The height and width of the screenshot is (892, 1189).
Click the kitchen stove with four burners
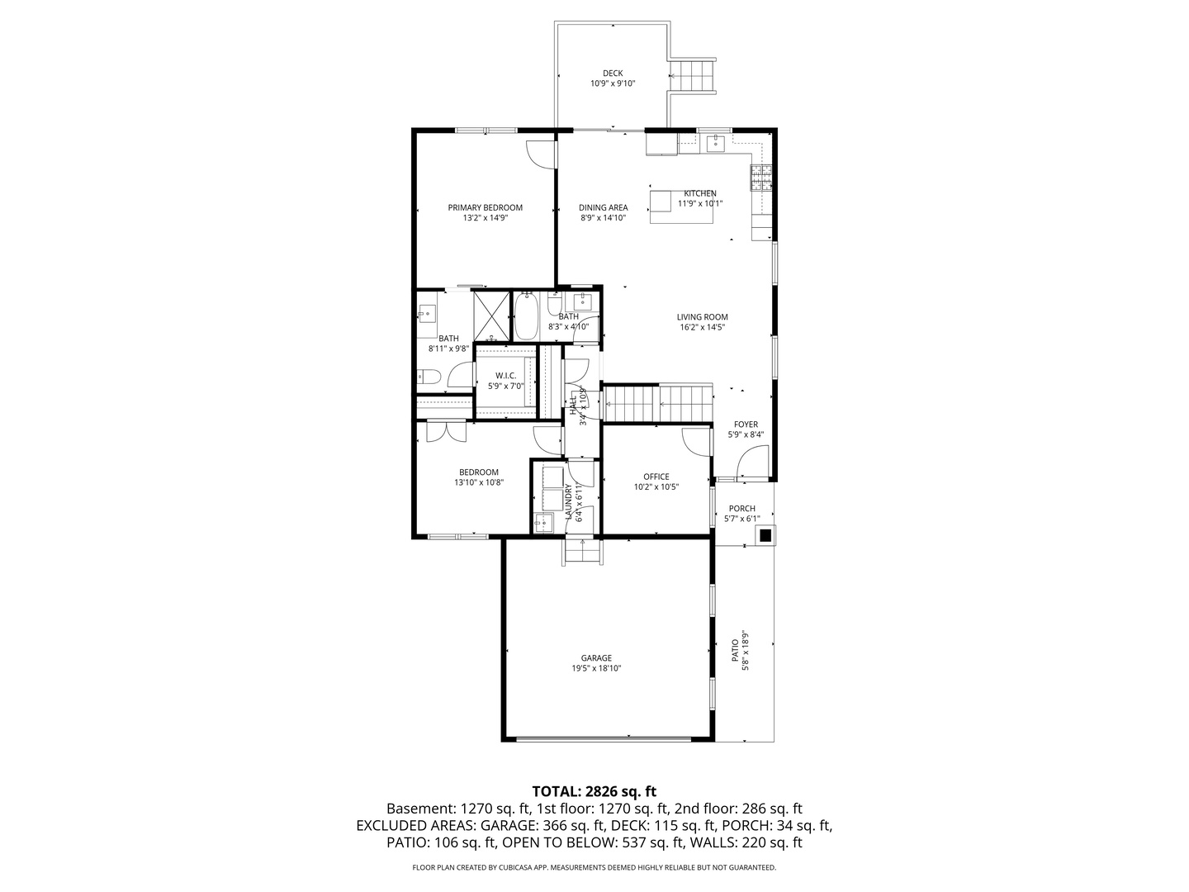pyautogui.click(x=760, y=176)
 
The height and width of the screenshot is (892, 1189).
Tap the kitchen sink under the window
pyautogui.click(x=715, y=144)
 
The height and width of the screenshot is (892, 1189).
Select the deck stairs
pyautogui.click(x=692, y=77)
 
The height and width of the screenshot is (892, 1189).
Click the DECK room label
pyautogui.click(x=613, y=74)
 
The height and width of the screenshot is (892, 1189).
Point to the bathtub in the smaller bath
pyautogui.click(x=526, y=316)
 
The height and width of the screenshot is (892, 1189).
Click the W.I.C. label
pyautogui.click(x=506, y=376)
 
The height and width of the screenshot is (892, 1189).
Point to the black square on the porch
pyautogui.click(x=765, y=534)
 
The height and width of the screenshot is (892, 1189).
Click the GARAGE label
pyautogui.click(x=596, y=658)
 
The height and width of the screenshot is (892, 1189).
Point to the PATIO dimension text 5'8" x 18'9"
pyautogui.click(x=746, y=652)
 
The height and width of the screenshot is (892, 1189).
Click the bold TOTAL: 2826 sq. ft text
pyautogui.click(x=594, y=792)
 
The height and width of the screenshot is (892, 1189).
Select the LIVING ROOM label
pyautogui.click(x=703, y=317)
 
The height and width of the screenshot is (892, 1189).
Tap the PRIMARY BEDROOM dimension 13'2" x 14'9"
pyautogui.click(x=485, y=218)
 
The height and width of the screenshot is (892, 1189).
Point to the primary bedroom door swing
pyautogui.click(x=541, y=154)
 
